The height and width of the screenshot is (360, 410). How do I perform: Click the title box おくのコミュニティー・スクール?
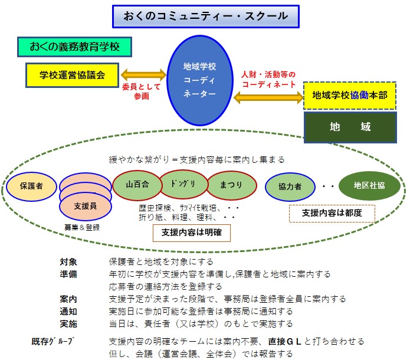coord(206,16)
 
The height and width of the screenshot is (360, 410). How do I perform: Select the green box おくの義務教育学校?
coord(74,47)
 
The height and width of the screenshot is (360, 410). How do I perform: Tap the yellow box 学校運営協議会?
coord(72,75)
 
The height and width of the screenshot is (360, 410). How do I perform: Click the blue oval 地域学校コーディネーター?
coord(200,80)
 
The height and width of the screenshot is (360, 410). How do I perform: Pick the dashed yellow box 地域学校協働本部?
coord(350,96)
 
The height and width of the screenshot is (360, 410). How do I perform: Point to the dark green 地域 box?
coord(350,127)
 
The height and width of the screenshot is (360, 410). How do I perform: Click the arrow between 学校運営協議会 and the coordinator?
coord(143,75)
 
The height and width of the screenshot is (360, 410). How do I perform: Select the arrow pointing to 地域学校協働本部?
coord(268,97)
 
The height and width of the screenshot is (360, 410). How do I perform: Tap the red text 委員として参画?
coord(141,91)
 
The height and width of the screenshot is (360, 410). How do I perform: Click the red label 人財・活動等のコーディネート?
coord(268,79)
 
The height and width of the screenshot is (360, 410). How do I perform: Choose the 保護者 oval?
coord(31,186)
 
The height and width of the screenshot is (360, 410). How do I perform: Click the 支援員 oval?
coord(86,207)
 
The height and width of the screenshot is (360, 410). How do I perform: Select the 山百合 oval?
coord(137,185)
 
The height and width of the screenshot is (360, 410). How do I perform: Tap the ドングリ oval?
coord(183,184)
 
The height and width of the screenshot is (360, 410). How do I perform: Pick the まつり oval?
coord(231,185)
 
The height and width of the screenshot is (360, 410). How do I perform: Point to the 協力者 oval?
coord(290,186)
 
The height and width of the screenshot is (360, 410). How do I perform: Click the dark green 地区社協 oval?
coord(369,185)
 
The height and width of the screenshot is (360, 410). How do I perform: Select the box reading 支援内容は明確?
coord(192,233)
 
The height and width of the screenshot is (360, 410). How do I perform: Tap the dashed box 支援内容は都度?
coord(332,213)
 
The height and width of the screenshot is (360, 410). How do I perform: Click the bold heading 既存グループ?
coord(53,342)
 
